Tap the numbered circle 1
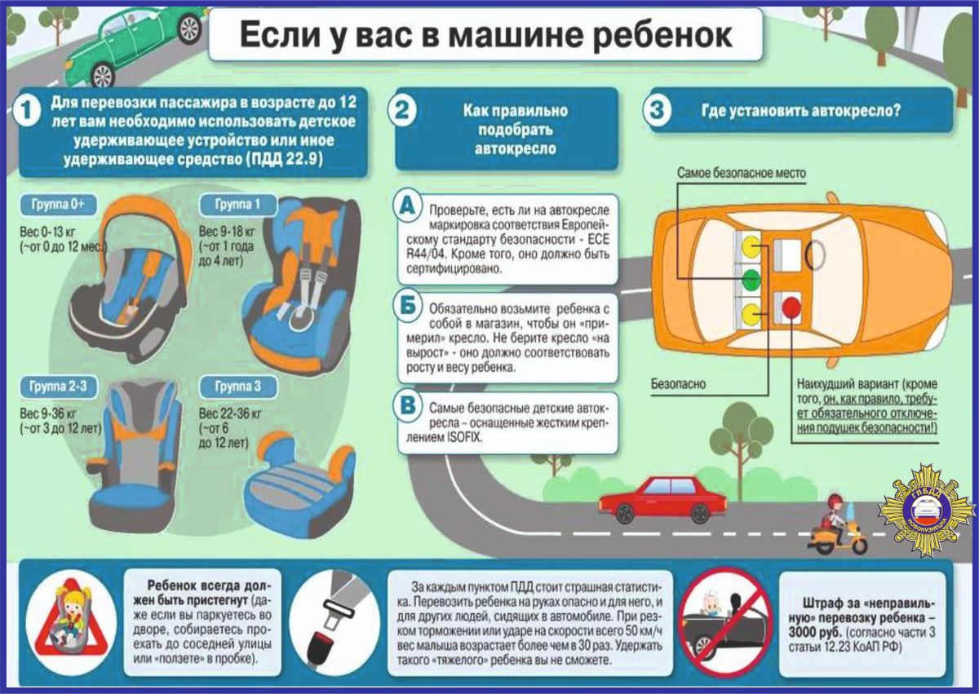tap(29, 112)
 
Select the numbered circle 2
tap(401, 112)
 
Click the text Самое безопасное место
tap(741, 174)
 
